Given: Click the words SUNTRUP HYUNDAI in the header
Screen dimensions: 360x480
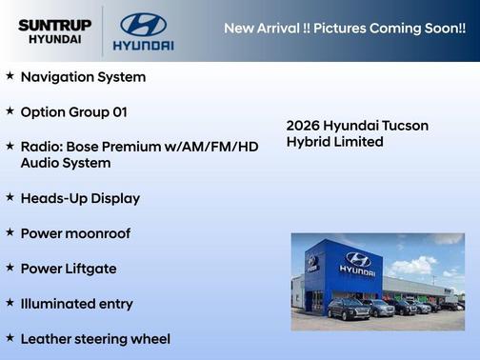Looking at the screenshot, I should tap(53, 31).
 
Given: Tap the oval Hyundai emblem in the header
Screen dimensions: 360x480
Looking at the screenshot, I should tap(143, 24).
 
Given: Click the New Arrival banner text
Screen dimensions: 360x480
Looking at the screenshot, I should tap(344, 28).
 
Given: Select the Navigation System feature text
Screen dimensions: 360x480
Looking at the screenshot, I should tap(83, 76).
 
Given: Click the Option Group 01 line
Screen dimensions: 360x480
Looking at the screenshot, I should tap(73, 111).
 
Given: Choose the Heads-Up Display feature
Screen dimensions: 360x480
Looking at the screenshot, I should tap(80, 198).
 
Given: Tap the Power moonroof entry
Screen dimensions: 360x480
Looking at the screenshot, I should tap(75, 233).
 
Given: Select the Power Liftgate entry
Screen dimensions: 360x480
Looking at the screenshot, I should tap(69, 269).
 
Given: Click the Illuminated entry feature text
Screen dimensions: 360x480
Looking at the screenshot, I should tap(77, 304).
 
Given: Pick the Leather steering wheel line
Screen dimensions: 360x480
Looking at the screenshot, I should tap(95, 339).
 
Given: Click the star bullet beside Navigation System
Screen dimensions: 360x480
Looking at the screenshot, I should tap(10, 75).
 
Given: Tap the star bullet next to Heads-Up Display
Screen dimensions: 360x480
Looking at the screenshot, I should tap(10, 197).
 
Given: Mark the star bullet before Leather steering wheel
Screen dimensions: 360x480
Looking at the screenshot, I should tap(10, 338).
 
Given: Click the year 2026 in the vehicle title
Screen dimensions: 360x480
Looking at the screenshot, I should tap(303, 126).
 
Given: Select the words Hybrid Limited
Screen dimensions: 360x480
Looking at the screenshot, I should tap(334, 142).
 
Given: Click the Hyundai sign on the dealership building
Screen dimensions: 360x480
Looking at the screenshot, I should tap(357, 262).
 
